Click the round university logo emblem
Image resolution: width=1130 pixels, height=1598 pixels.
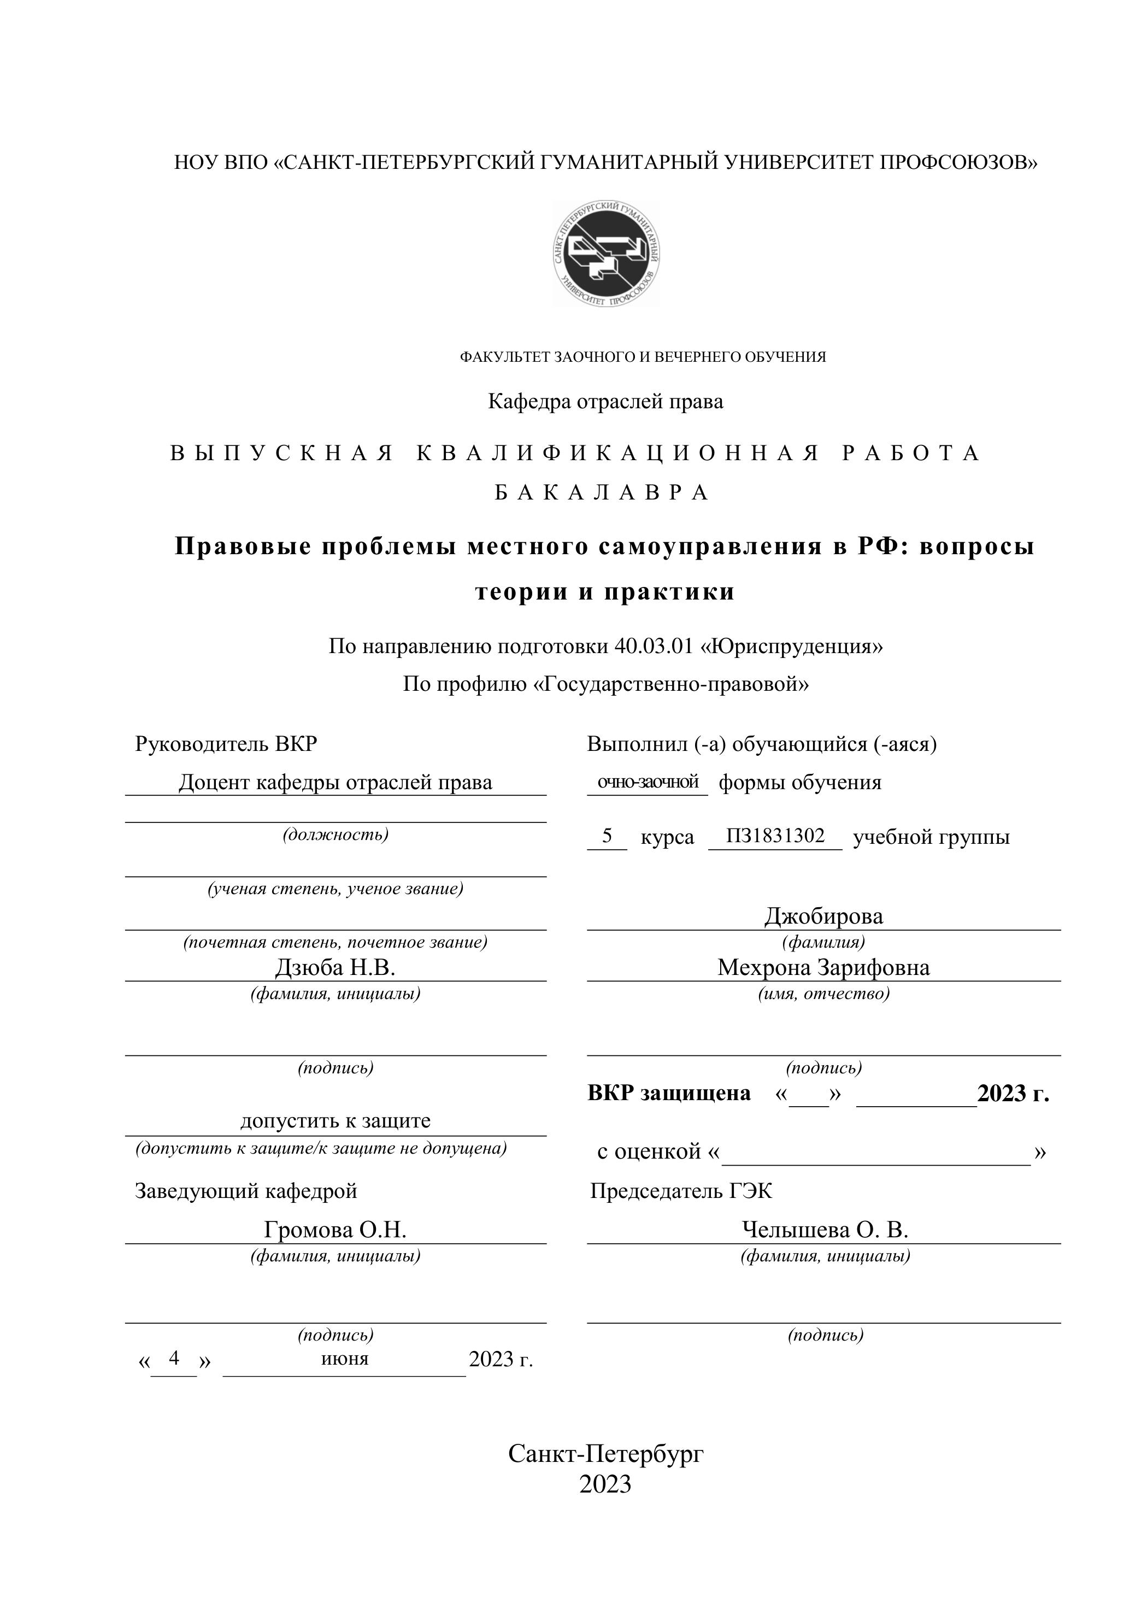pyautogui.click(x=606, y=254)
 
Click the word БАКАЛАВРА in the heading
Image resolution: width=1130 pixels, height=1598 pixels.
pyautogui.click(x=603, y=493)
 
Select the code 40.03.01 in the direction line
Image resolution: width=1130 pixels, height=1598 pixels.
pyautogui.click(x=654, y=647)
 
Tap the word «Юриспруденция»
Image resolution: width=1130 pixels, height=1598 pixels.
pyautogui.click(x=792, y=647)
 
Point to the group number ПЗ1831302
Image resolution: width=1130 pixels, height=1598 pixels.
pyautogui.click(x=775, y=835)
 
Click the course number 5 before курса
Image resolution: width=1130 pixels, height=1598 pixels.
pyautogui.click(x=607, y=835)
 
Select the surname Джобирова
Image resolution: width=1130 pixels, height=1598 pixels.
pyautogui.click(x=824, y=916)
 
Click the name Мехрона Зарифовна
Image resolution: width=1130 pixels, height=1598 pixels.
pyautogui.click(x=824, y=967)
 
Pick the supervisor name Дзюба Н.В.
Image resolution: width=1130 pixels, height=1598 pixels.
pyautogui.click(x=336, y=967)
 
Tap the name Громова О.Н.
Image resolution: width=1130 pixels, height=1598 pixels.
pyautogui.click(x=336, y=1230)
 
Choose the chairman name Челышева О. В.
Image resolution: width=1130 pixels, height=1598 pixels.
pyautogui.click(x=825, y=1230)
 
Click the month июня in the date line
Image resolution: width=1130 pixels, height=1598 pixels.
pyautogui.click(x=345, y=1358)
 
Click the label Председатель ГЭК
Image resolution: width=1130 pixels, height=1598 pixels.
pyautogui.click(x=681, y=1191)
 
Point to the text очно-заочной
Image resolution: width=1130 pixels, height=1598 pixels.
pyautogui.click(x=648, y=782)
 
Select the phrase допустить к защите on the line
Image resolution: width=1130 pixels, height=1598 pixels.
pyautogui.click(x=336, y=1120)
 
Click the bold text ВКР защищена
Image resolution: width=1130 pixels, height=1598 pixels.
pyautogui.click(x=669, y=1094)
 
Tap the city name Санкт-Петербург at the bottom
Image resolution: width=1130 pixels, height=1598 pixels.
pyautogui.click(x=605, y=1453)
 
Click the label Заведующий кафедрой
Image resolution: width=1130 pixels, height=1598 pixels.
pyautogui.click(x=246, y=1191)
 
